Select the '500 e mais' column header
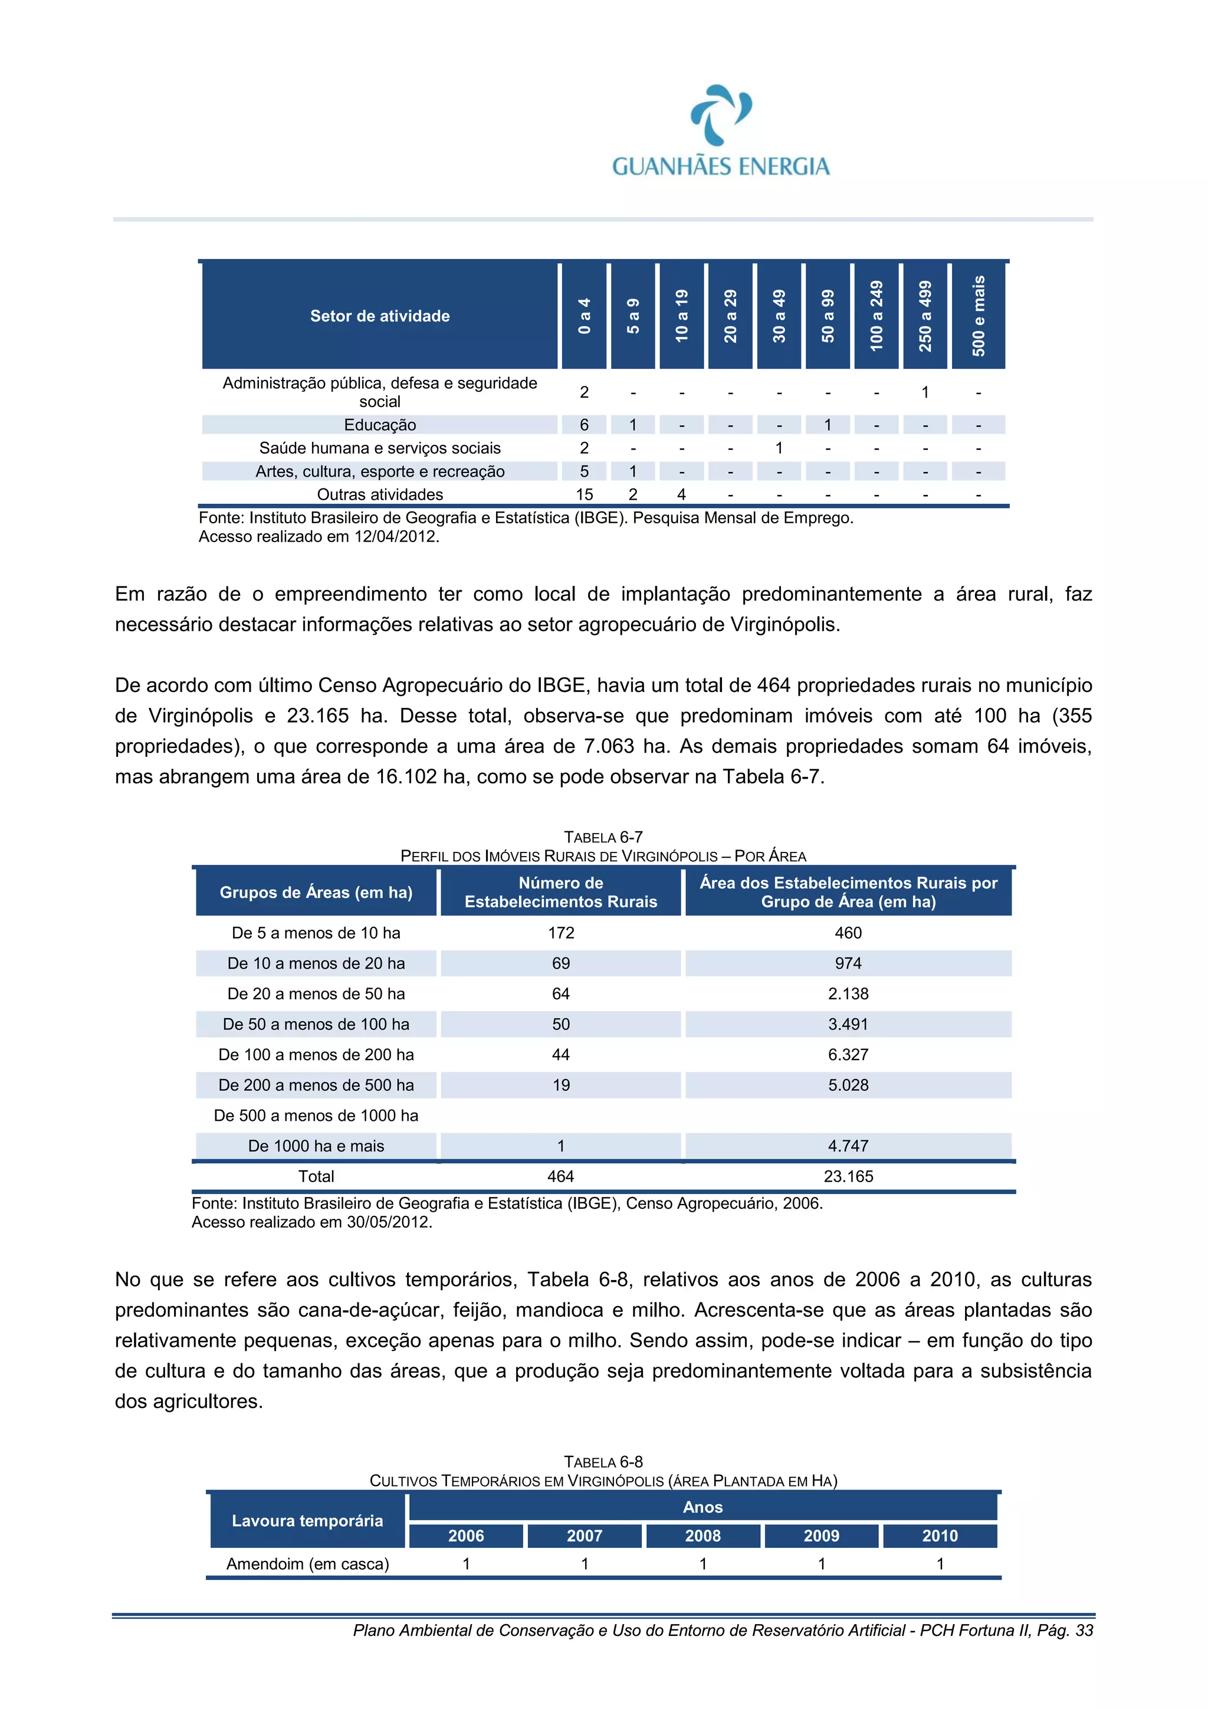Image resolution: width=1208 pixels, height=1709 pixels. point(978,316)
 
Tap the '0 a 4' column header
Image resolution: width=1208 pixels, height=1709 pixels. point(585,316)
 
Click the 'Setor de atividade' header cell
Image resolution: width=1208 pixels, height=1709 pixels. point(380,316)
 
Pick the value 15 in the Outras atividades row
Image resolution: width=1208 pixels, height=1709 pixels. point(585,494)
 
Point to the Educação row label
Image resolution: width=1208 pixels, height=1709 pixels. point(380,425)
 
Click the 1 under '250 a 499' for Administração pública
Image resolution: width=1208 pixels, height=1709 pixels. point(924,392)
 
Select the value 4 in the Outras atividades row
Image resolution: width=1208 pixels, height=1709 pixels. point(681,494)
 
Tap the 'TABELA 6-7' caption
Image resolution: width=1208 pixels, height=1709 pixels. point(603,837)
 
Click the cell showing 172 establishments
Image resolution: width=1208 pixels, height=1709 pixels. point(560,933)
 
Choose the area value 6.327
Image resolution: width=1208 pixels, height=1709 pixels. point(848,1055)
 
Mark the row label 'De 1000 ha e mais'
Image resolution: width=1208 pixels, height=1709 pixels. point(316,1146)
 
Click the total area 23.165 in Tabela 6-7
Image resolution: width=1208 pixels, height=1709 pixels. point(848,1176)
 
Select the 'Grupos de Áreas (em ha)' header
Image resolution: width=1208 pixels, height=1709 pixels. point(316,892)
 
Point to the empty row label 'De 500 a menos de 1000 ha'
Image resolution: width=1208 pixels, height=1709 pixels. point(316,1115)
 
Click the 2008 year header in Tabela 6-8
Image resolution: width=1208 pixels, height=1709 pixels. point(703,1536)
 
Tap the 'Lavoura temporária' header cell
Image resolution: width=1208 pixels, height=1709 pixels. point(307,1521)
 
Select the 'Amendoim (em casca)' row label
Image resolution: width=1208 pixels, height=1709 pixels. point(307,1564)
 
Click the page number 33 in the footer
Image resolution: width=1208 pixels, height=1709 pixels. point(1085,1630)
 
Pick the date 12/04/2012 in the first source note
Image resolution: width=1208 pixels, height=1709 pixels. point(395,537)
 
